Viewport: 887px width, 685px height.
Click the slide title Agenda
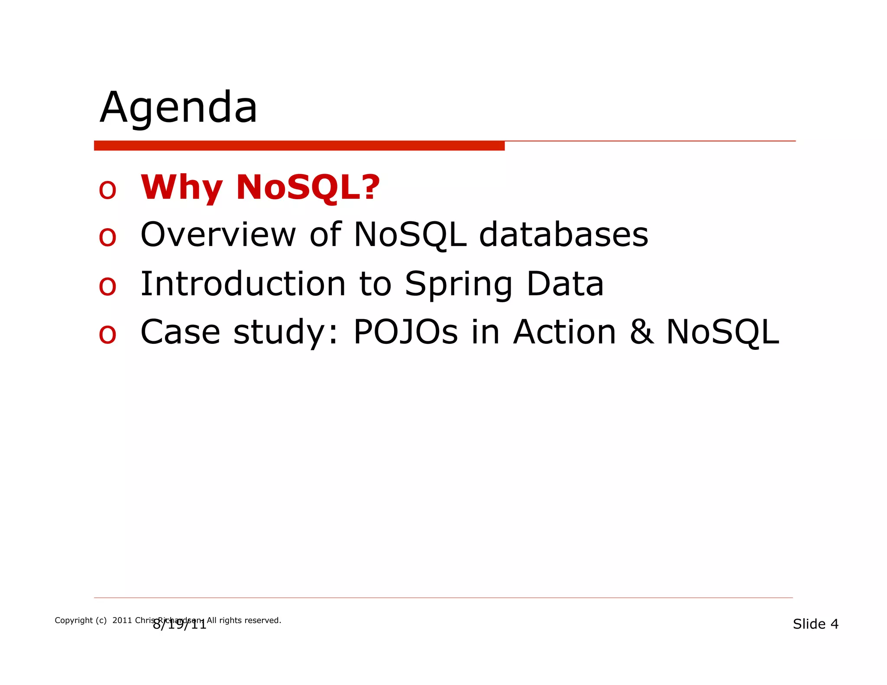coord(178,108)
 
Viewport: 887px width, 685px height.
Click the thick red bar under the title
coord(299,145)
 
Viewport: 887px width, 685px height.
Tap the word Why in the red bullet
coord(181,187)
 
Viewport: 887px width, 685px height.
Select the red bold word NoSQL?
coord(308,187)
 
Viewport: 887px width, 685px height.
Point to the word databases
coord(563,235)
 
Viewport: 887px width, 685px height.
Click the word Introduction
coord(243,284)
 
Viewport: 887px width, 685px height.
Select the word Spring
coord(459,285)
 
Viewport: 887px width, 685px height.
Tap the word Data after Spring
coord(565,284)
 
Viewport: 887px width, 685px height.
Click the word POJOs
coord(405,332)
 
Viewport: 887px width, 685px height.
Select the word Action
coord(564,332)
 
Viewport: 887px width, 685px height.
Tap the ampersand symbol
coord(641,332)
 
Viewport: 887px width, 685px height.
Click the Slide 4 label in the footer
coord(815,624)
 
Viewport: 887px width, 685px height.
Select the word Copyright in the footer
coord(74,620)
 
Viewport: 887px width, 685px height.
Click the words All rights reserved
coord(244,620)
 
